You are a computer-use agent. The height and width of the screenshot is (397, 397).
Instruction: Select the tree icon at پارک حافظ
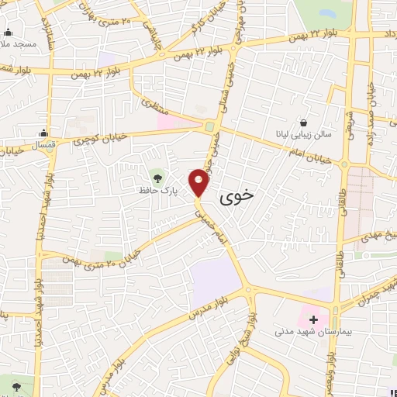(x=160, y=174)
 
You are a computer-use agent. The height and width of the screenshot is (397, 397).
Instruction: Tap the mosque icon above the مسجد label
(x=9, y=32)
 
